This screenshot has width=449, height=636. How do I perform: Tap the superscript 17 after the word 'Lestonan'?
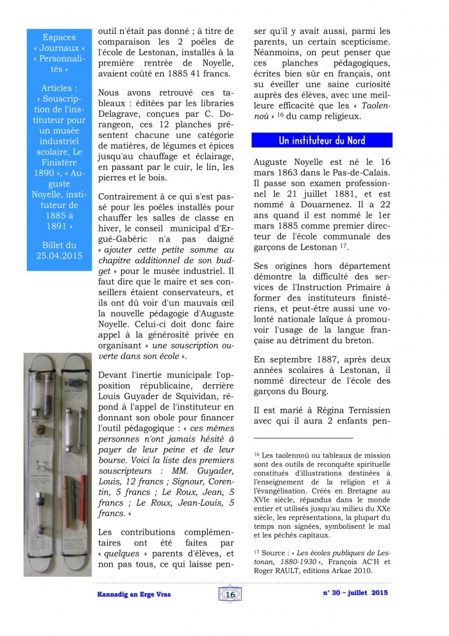pyautogui.click(x=346, y=246)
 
